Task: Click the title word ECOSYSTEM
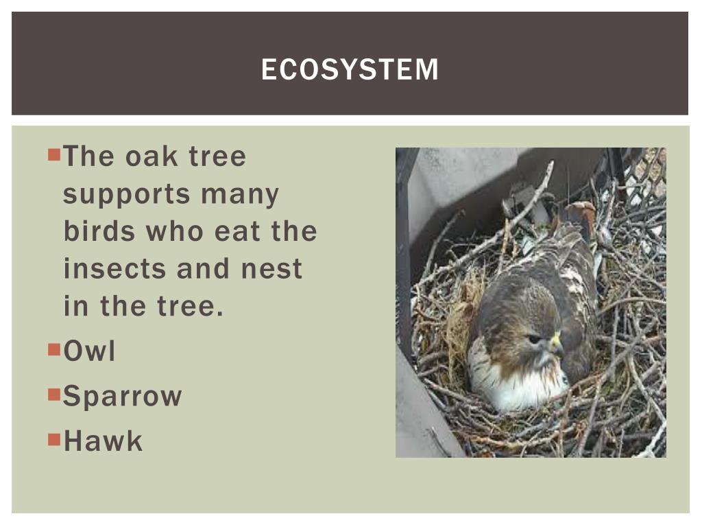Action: [x=350, y=69]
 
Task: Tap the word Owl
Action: [x=89, y=351]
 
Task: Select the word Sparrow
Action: [x=122, y=396]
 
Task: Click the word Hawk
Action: [x=103, y=441]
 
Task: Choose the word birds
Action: [x=98, y=231]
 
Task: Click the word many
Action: [x=240, y=195]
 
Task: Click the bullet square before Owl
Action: [x=55, y=349]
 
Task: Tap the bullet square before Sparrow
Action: [x=55, y=394]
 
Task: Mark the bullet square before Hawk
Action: [x=55, y=438]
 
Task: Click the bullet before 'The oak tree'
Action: [x=55, y=154]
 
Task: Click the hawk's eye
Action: [x=535, y=338]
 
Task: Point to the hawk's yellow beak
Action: [x=555, y=343]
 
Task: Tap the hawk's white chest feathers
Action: [x=521, y=391]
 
